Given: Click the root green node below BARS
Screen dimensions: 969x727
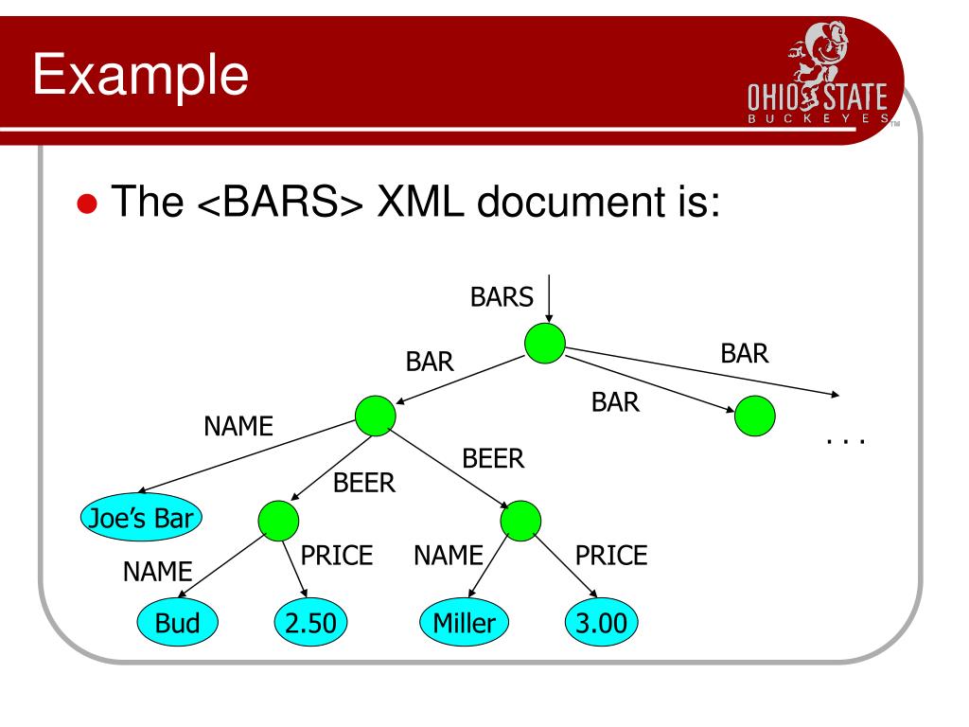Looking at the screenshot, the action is coord(545,344).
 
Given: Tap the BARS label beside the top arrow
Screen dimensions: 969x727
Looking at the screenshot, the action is coord(502,297).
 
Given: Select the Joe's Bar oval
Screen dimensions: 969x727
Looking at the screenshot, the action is coord(141,517).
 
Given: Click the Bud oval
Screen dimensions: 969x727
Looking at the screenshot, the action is coord(178,623).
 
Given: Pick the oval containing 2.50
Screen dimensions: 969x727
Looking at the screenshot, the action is coord(309,623).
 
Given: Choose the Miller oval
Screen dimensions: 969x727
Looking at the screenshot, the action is coord(464,623).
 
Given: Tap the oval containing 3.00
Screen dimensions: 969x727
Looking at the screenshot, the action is coord(601,623).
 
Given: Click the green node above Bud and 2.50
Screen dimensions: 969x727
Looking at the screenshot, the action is coord(277,520).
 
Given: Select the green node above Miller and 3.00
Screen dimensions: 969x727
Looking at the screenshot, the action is coord(521,520).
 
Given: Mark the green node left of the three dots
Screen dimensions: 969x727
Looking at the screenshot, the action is coord(754,416).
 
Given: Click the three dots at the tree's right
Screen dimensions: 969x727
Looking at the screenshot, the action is coord(846,441).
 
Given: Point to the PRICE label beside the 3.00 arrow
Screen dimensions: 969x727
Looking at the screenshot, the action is coord(611,556).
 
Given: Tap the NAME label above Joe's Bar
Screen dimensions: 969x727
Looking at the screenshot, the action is coord(238,428).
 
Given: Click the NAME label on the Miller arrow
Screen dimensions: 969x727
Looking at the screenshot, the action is coord(449,556).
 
